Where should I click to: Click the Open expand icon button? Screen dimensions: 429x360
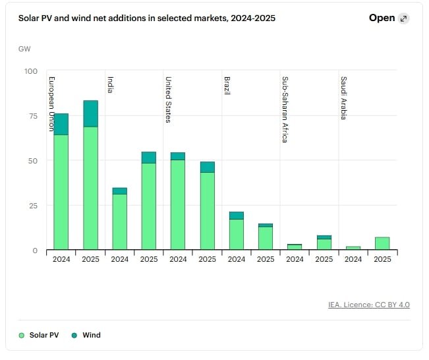click(x=403, y=18)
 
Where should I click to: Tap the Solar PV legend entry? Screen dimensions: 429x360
click(x=39, y=335)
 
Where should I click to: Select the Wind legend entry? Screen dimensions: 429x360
click(x=86, y=335)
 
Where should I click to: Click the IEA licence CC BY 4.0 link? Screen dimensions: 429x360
click(x=369, y=305)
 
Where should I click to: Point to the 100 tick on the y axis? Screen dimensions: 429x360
click(x=31, y=71)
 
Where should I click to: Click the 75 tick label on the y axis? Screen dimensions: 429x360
click(x=33, y=116)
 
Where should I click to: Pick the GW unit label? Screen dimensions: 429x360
click(x=24, y=49)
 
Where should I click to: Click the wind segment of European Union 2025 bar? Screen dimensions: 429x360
click(x=90, y=113)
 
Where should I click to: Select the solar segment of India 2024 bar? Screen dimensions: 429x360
click(x=119, y=222)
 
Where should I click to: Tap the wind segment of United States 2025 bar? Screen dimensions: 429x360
click(x=208, y=167)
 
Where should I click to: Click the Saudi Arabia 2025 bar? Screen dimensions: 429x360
click(x=382, y=243)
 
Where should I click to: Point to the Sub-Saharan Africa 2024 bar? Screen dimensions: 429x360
click(x=295, y=247)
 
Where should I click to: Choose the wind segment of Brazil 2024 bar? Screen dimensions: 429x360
click(x=237, y=216)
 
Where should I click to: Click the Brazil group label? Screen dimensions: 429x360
click(x=227, y=86)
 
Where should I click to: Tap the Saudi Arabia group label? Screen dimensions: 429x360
click(x=344, y=98)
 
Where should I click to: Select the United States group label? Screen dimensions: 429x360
click(x=169, y=100)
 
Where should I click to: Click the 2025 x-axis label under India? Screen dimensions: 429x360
click(x=149, y=259)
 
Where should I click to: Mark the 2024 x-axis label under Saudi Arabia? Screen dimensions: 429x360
click(x=353, y=259)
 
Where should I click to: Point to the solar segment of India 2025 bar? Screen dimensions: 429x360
click(x=149, y=206)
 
